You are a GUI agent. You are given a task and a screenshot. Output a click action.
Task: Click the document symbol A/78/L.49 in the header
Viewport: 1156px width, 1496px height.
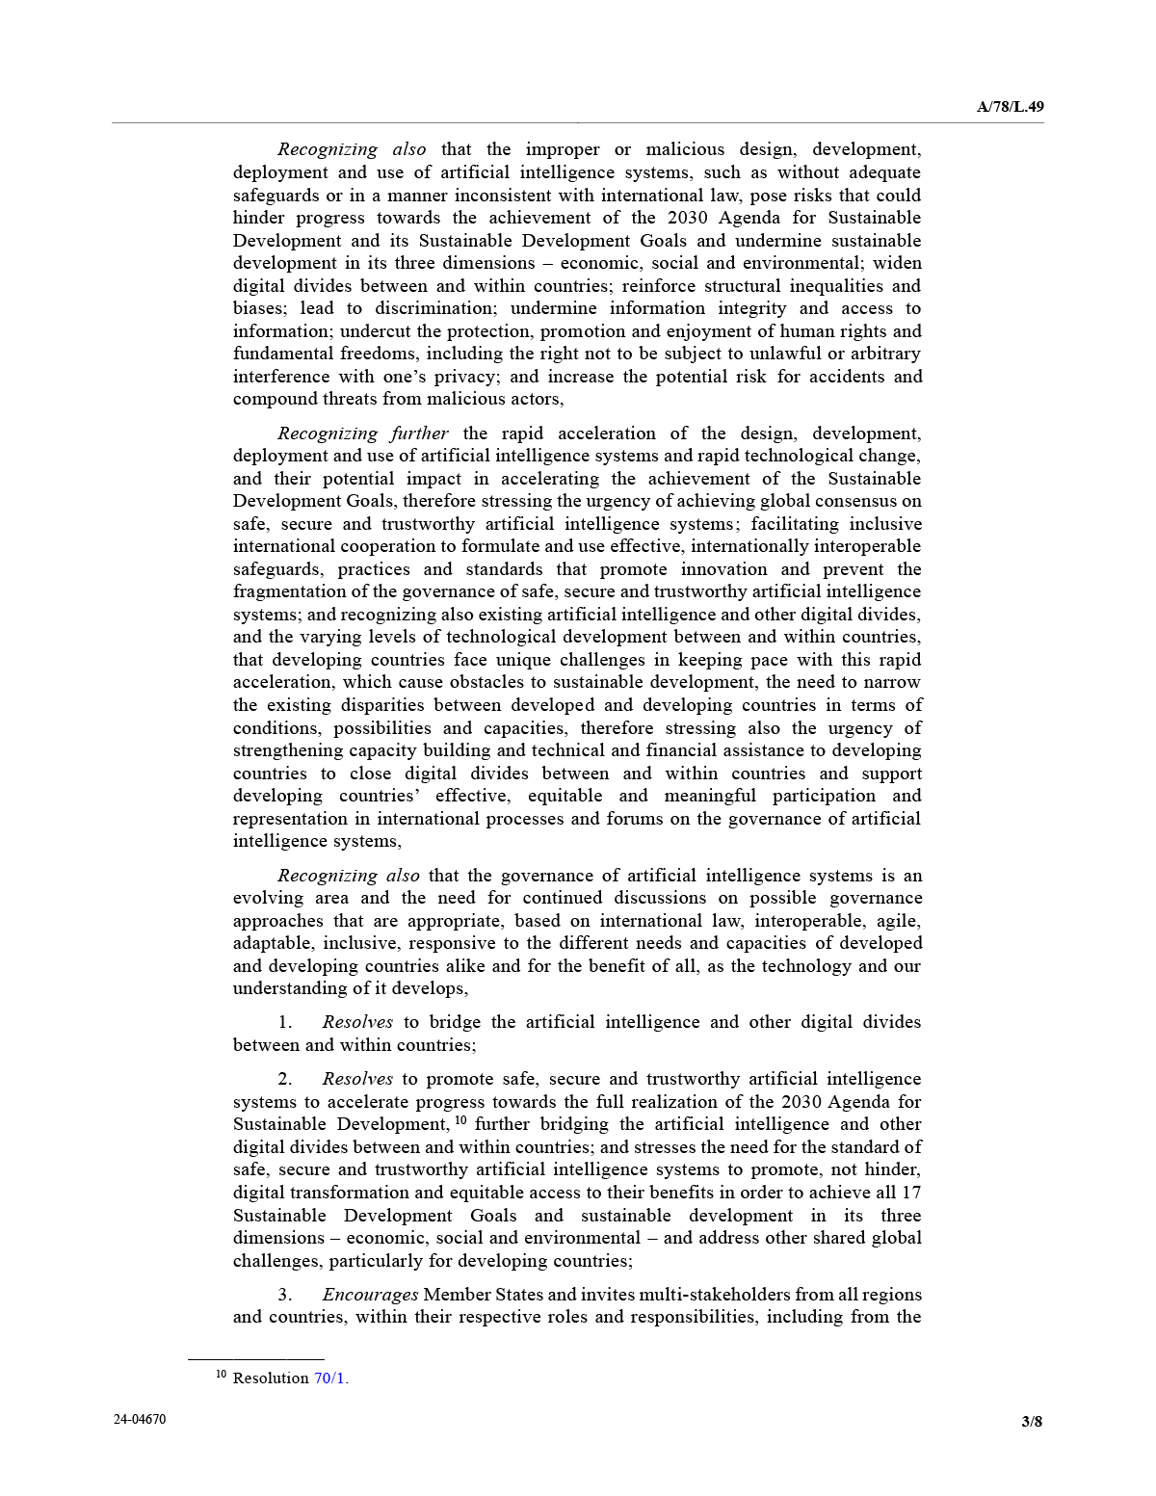point(1010,107)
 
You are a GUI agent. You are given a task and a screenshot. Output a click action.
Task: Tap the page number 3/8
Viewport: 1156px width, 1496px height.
point(1032,1421)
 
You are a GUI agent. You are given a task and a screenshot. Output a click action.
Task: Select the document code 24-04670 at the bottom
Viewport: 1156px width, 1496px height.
point(139,1419)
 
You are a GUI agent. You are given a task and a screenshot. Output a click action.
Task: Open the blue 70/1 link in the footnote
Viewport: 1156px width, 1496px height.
point(329,1378)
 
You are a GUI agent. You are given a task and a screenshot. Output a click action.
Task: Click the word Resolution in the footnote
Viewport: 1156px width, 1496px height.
point(271,1378)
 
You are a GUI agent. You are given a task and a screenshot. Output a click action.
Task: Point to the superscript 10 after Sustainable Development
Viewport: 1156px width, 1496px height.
point(460,1120)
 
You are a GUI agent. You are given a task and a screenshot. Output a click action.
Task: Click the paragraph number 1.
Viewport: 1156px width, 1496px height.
point(285,1022)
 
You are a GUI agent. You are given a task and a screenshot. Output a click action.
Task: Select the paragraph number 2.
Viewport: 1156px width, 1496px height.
point(285,1079)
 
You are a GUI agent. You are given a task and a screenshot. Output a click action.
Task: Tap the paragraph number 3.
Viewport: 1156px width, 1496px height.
point(285,1295)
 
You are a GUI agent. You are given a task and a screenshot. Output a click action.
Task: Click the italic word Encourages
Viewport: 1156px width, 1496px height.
point(371,1295)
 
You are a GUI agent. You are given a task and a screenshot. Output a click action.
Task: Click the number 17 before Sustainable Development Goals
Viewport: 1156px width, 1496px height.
point(911,1193)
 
